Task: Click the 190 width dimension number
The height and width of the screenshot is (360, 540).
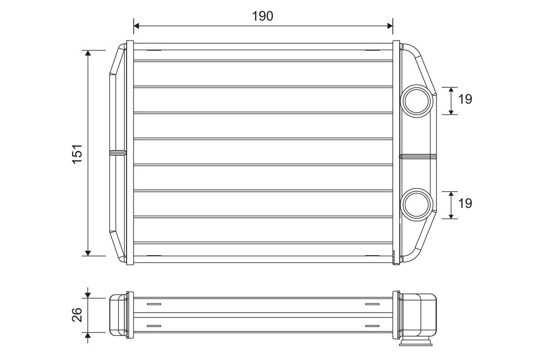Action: (263, 16)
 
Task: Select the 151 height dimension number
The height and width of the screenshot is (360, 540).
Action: (77, 153)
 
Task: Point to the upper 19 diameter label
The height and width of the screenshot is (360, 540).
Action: (465, 99)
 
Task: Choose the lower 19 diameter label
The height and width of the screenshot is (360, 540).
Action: (465, 203)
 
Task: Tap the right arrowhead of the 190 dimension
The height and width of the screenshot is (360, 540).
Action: (389, 26)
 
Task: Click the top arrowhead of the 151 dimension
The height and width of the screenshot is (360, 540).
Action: (88, 54)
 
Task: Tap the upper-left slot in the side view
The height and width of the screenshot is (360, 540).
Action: (153, 304)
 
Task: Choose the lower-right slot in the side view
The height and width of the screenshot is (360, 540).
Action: (372, 325)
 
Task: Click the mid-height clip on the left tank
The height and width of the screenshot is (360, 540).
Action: (118, 153)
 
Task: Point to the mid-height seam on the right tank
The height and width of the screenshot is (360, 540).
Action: (418, 156)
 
